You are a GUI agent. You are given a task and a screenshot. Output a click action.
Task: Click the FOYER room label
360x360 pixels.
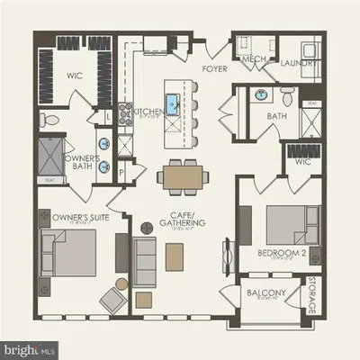pyautogui.click(x=214, y=68)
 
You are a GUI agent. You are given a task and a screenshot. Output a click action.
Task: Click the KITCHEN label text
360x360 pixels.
pyautogui.click(x=149, y=112)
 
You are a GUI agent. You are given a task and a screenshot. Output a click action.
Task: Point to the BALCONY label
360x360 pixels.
pyautogui.click(x=265, y=293)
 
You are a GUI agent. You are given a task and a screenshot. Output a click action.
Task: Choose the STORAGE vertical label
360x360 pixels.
pyautogui.click(x=312, y=297)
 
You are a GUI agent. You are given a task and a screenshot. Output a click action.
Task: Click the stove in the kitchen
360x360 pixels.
pyautogui.click(x=126, y=112)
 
